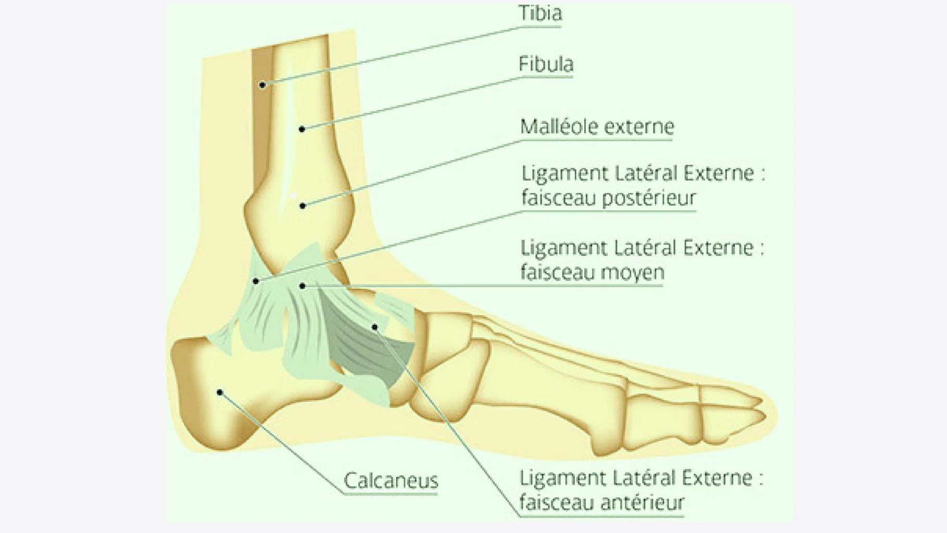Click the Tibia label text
click(x=540, y=14)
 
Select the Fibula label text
click(x=546, y=65)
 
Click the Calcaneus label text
click(x=391, y=480)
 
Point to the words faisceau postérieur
click(x=608, y=198)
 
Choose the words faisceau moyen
click(x=592, y=272)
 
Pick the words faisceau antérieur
click(x=602, y=503)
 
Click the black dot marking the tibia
click(x=263, y=85)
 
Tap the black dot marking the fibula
click(x=302, y=129)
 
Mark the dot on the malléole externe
click(x=302, y=206)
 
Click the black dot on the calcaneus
click(x=220, y=392)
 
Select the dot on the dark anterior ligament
click(x=375, y=327)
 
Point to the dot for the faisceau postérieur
click(x=256, y=281)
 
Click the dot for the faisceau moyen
click(x=302, y=286)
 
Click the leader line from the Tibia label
click(x=390, y=55)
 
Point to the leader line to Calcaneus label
click(x=281, y=442)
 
